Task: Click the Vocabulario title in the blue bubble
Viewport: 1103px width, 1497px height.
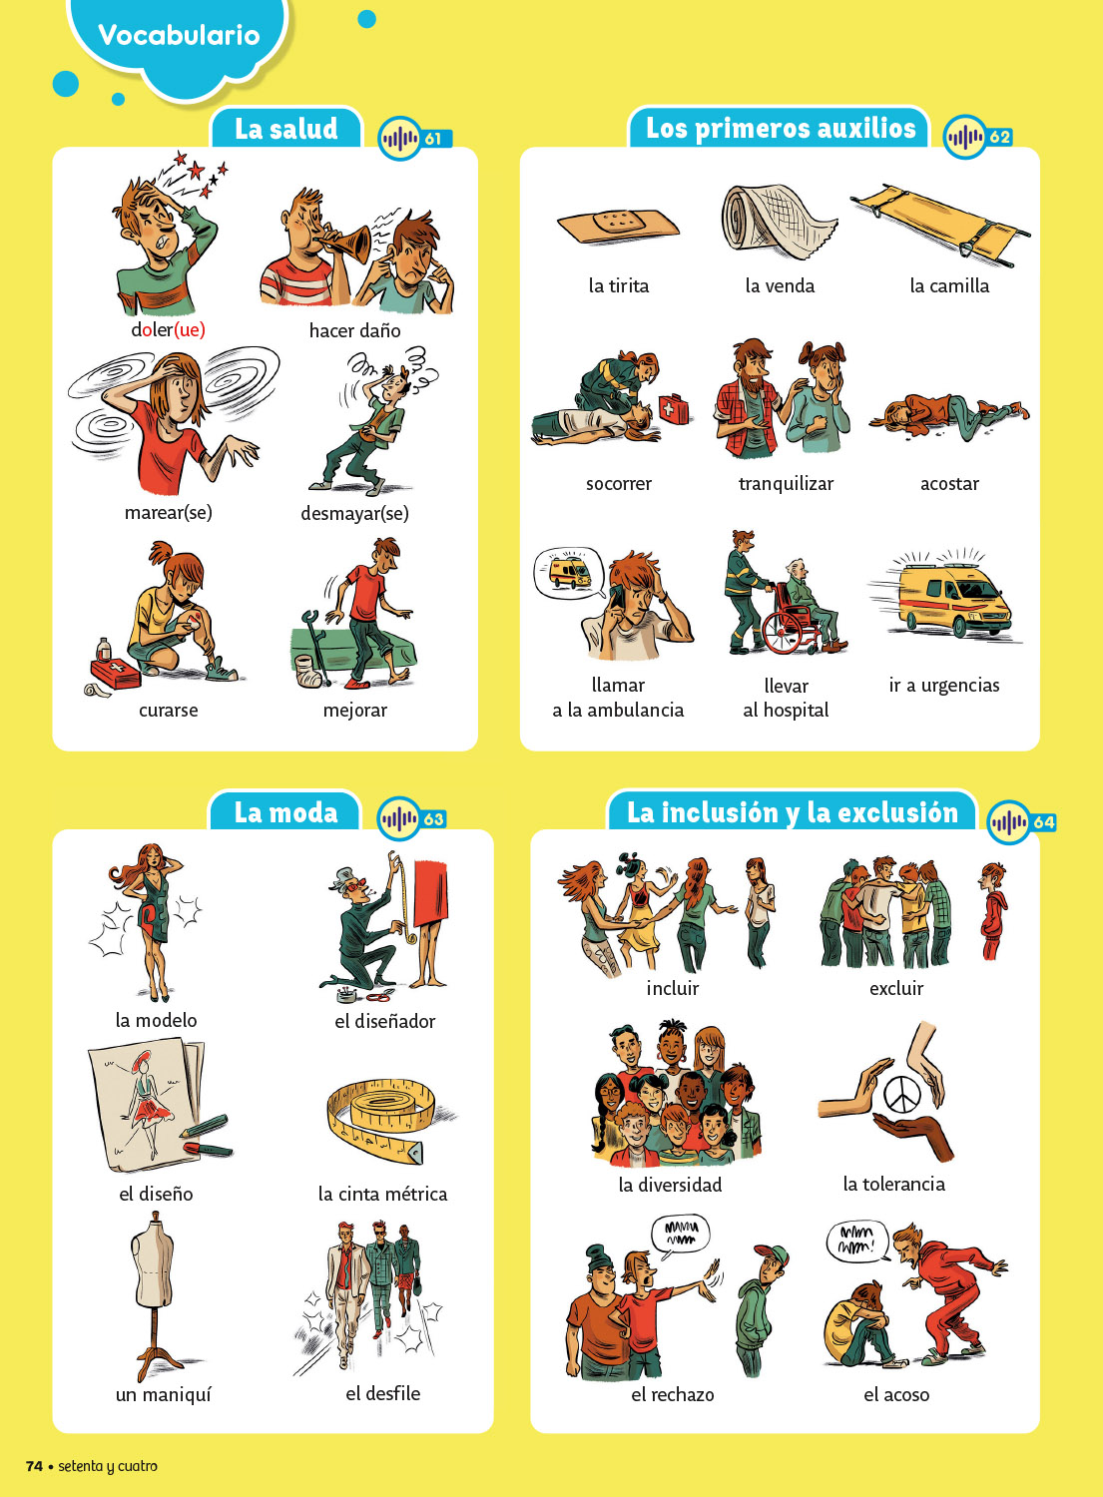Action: (179, 35)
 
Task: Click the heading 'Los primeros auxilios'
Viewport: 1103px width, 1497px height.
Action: (781, 128)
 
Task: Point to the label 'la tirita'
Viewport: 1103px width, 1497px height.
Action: (618, 286)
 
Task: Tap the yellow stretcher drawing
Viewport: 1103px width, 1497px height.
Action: (940, 224)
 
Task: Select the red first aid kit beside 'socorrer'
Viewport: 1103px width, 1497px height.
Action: (674, 408)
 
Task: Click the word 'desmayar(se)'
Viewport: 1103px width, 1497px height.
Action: (354, 513)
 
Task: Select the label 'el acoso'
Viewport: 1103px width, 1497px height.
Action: (896, 1395)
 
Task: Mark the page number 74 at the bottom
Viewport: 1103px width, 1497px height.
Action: (34, 1466)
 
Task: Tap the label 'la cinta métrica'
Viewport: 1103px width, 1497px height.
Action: (382, 1194)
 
